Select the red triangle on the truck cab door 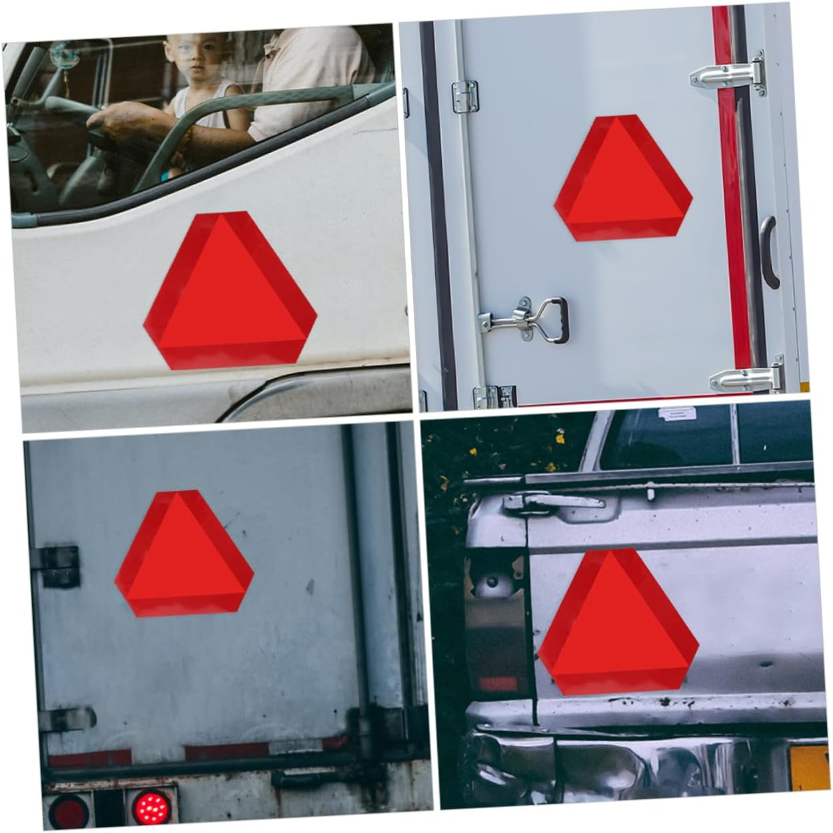pos(230,293)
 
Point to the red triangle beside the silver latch pos(623,180)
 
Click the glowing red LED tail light pos(151,808)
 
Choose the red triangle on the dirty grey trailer pos(185,555)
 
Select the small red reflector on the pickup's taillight pos(496,684)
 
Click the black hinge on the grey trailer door pos(59,567)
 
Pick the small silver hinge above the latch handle pos(464,97)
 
